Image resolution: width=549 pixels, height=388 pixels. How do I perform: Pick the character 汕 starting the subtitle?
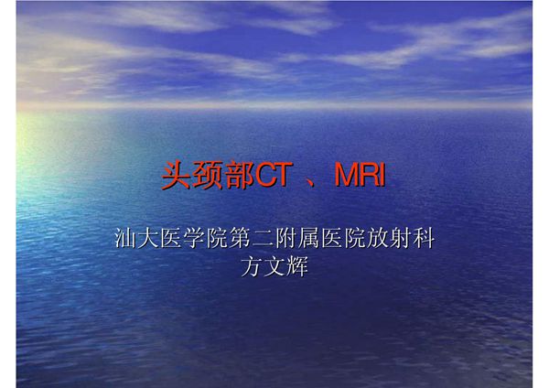[x=123, y=241]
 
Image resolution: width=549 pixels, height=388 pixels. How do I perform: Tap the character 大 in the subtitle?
[x=145, y=241]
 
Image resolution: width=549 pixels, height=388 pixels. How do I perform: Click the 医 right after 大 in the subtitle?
[x=167, y=241]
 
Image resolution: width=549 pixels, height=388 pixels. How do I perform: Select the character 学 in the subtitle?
[x=188, y=241]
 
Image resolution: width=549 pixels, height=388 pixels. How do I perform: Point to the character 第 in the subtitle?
[x=233, y=241]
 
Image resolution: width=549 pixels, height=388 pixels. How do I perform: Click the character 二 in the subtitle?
[x=255, y=241]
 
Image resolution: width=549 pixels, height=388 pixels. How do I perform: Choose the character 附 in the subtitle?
[x=277, y=241]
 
